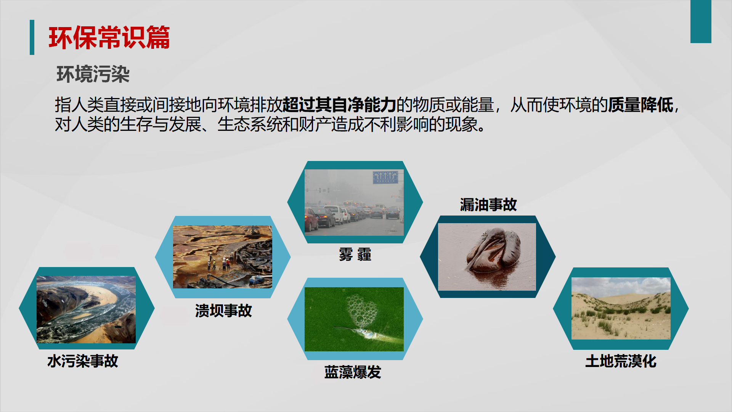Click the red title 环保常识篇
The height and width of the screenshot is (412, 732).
point(109,37)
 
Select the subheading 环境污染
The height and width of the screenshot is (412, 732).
point(93,74)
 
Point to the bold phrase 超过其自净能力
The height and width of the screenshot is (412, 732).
point(339,105)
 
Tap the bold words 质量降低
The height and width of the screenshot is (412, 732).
point(640,105)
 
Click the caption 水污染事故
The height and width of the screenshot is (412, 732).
point(83,361)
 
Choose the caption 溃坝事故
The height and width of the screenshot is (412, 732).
point(223,311)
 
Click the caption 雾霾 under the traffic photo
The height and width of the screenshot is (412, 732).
point(355,254)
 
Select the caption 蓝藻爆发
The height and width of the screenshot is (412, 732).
point(353,372)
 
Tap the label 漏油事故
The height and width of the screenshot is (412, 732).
point(488,204)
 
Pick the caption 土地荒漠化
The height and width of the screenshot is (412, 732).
point(621,361)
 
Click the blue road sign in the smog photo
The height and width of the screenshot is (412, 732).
point(385,177)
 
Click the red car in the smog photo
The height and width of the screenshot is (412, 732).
point(311,220)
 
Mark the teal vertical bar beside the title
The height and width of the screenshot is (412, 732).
point(32,37)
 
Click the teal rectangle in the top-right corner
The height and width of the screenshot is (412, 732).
point(701,21)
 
